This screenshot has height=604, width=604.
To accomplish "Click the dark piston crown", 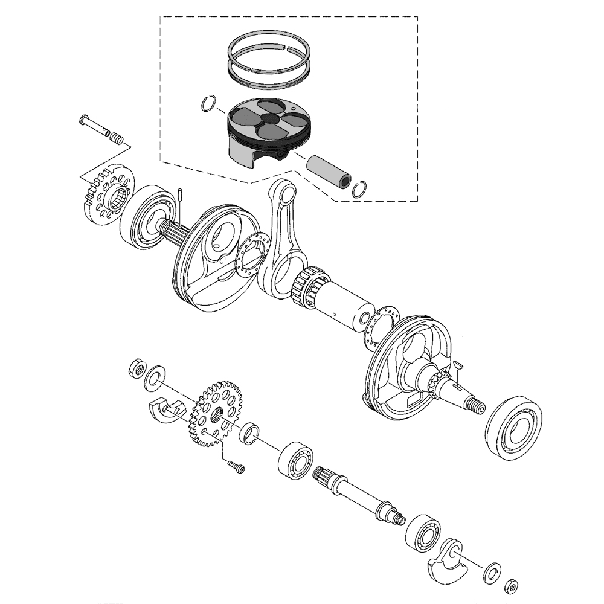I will click(x=266, y=118).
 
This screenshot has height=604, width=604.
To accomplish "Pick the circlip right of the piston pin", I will click(x=361, y=188).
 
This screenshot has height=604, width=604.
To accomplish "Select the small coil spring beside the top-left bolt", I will click(x=117, y=139).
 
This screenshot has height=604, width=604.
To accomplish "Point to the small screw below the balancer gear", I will click(x=236, y=466).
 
